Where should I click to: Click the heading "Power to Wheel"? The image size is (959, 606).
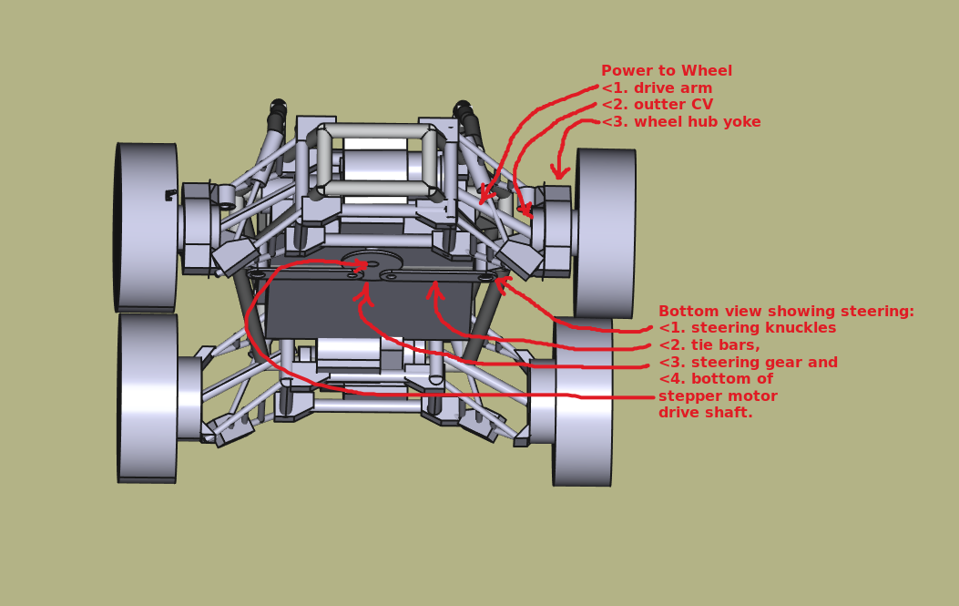click(x=666, y=71)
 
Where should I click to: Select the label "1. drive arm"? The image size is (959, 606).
click(x=657, y=88)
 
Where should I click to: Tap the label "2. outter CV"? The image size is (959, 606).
click(x=657, y=105)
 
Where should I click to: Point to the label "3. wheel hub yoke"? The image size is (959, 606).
click(x=680, y=122)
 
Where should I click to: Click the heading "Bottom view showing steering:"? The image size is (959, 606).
click(x=786, y=312)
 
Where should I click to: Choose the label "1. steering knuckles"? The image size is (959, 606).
click(x=747, y=328)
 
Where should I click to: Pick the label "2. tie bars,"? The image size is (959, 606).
click(x=709, y=345)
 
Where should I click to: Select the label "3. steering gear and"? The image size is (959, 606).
click(x=748, y=363)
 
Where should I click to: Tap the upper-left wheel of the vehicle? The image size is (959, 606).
click(x=147, y=226)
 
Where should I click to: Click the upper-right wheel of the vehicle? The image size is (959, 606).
click(x=606, y=232)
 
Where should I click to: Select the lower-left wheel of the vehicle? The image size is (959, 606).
click(x=148, y=396)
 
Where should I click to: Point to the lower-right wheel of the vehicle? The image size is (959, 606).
click(x=583, y=401)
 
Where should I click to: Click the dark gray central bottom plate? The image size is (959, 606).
click(x=369, y=308)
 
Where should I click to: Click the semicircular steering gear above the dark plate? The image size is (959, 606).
click(x=372, y=261)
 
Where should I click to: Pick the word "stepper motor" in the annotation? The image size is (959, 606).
click(x=718, y=396)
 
